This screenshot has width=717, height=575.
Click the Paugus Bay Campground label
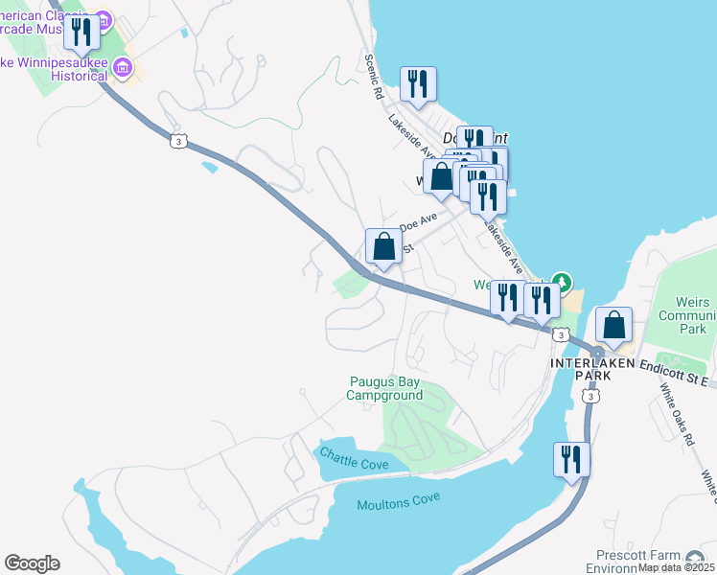[x=384, y=388]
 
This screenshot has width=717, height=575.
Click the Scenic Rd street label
[x=374, y=77]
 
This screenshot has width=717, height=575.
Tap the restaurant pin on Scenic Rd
[x=418, y=84]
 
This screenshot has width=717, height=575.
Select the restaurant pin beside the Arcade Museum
[x=82, y=33]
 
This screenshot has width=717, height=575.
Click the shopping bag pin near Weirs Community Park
[x=613, y=326]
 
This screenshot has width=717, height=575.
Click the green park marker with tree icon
[x=563, y=283]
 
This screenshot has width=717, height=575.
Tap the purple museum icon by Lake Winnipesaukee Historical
[x=122, y=67]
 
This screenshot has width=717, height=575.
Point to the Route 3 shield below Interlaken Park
[x=592, y=396]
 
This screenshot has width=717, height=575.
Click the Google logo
[x=32, y=563]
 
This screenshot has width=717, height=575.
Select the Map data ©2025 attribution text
[x=677, y=567]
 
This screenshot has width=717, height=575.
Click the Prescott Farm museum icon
[x=697, y=557]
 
